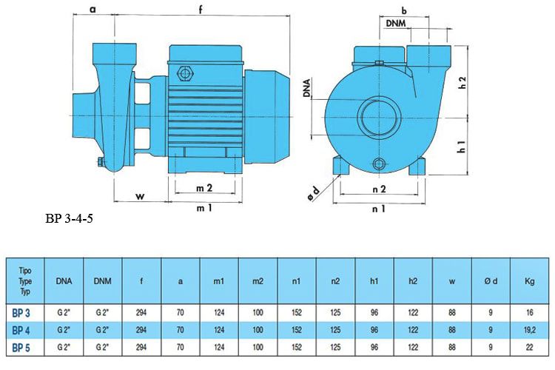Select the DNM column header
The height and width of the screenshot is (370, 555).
[x=102, y=280]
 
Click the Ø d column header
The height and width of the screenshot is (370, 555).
[x=490, y=280]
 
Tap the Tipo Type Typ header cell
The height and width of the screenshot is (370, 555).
[x=25, y=280]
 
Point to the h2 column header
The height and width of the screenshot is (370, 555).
[x=412, y=280]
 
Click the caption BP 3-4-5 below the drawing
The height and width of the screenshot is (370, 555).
[x=69, y=219]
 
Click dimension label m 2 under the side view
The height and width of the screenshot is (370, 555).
[x=204, y=189]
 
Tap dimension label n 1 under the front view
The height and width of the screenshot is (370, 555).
[x=379, y=209]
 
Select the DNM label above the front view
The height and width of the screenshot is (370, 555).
[x=399, y=24]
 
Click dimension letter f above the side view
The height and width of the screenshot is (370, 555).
[x=201, y=10]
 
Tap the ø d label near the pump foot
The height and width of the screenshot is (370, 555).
[x=314, y=193]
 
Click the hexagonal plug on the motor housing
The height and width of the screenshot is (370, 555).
[x=185, y=73]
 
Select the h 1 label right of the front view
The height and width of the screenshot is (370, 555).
[x=462, y=147]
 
